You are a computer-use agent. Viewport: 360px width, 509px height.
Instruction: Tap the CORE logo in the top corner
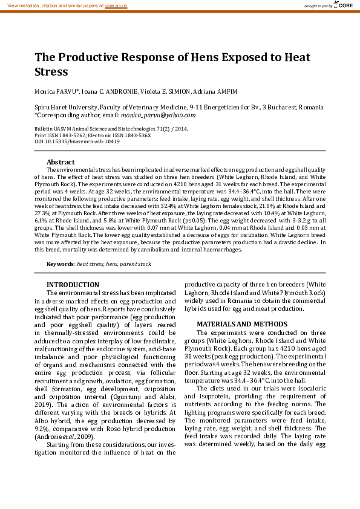coord(344,5)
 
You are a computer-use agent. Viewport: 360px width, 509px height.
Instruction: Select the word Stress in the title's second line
coord(51,72)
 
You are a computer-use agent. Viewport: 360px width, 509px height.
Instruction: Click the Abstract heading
coord(61,162)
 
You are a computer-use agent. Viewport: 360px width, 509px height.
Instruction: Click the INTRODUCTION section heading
coord(73,285)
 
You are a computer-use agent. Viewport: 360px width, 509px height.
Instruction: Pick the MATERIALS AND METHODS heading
coord(238,324)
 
